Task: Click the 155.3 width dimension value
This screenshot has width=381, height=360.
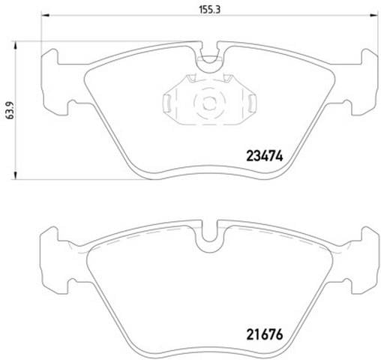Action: tap(210, 10)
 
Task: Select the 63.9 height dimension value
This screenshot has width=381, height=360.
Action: tap(10, 110)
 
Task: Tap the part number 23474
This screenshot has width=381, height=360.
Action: tap(265, 156)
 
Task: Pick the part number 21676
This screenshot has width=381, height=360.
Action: tap(265, 334)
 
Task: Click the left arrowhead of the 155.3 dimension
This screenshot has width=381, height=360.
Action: tap(46, 16)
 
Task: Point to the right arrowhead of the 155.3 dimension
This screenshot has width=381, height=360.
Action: tap(373, 16)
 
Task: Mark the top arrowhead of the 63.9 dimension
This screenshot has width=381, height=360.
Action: tap(16, 46)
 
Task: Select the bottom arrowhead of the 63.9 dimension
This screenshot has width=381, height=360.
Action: tap(16, 175)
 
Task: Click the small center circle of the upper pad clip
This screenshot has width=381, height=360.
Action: tap(209, 103)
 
